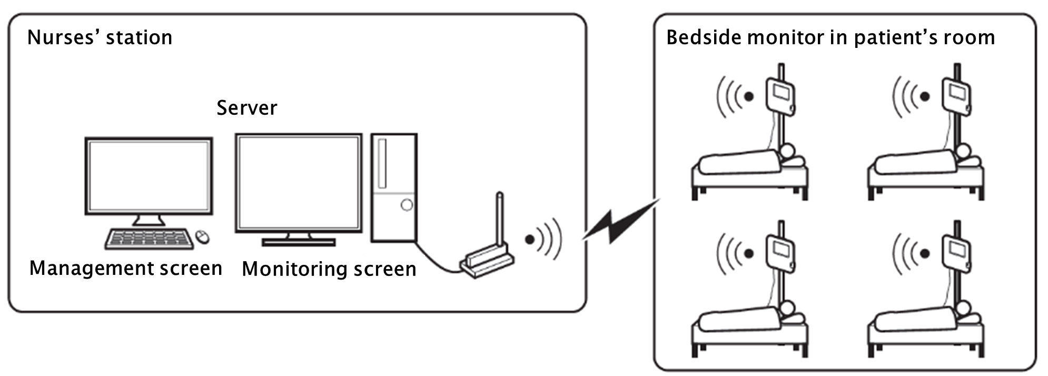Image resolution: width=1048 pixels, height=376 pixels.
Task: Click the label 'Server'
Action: (x=246, y=108)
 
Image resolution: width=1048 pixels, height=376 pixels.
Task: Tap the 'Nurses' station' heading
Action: (x=100, y=37)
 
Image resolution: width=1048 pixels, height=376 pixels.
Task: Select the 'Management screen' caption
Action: (x=125, y=268)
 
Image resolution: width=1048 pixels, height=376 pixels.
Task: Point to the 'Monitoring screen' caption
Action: (x=329, y=269)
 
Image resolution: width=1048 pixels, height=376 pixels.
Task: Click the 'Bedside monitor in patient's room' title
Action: (x=831, y=37)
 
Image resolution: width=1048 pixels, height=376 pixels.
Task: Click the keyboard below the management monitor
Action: (x=147, y=239)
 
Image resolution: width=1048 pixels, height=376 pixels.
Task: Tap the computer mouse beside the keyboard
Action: (x=202, y=237)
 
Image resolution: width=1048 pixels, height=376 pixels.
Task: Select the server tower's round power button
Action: (x=407, y=205)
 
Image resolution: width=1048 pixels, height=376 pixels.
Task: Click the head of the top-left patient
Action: (x=787, y=152)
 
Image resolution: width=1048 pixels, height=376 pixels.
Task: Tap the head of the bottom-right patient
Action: (x=963, y=309)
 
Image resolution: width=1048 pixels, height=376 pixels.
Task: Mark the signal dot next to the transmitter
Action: (x=529, y=240)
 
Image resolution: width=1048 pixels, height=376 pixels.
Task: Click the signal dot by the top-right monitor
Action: (x=924, y=96)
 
